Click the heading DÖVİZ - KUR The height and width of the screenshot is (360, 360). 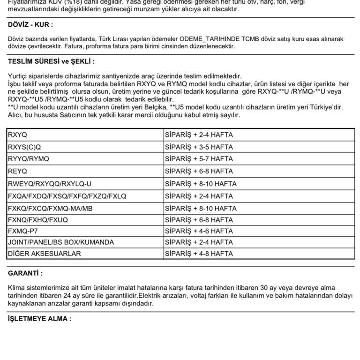tap(30, 25)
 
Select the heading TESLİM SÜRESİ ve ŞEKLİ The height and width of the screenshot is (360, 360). tap(52, 61)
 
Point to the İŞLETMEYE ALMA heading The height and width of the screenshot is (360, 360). tap(40, 319)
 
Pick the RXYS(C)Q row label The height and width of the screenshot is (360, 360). tap(24, 147)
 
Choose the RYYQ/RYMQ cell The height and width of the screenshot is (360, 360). tap(29, 159)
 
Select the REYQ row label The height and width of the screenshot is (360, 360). tap(18, 171)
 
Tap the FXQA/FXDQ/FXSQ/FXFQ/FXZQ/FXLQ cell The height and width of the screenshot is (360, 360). tap(67, 196)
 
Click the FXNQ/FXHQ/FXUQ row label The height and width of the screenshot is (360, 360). tap(38, 220)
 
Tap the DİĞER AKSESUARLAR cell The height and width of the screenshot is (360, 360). tap(45, 254)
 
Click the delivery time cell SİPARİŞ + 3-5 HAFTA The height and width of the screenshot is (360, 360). tap(199, 147)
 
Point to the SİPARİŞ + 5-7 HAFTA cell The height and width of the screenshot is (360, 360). tap(199, 159)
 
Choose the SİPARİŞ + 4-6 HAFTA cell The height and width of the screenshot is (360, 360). tap(199, 231)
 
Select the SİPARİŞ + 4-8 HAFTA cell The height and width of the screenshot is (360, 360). tap(199, 254)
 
